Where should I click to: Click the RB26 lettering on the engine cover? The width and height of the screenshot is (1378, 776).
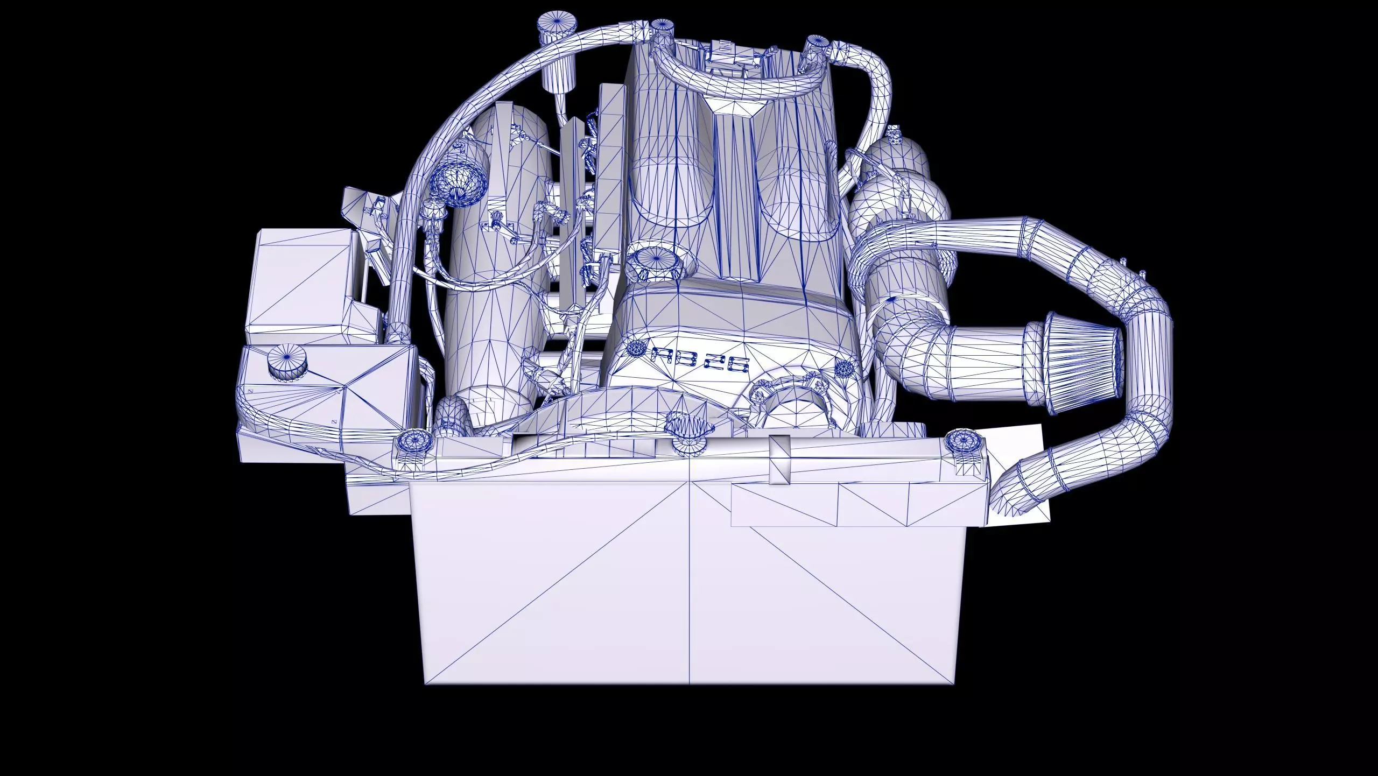(700, 360)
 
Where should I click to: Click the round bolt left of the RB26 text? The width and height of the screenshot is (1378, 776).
(636, 349)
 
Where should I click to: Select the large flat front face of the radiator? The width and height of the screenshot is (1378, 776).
(689, 581)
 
